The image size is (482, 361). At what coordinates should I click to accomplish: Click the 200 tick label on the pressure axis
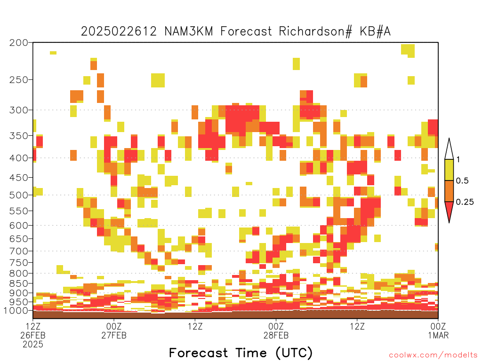click(19, 43)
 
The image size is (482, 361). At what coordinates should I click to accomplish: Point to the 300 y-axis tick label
click(19, 110)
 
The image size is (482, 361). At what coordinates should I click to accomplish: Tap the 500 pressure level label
click(19, 195)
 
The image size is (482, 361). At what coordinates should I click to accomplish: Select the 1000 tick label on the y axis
click(16, 311)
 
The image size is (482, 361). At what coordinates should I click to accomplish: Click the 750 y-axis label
click(19, 263)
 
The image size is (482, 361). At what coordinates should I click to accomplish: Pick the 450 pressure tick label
click(19, 178)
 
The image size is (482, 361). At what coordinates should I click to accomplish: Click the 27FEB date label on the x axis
click(114, 335)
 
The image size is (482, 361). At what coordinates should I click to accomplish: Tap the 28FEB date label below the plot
click(276, 335)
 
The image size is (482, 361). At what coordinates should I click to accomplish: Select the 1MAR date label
click(438, 335)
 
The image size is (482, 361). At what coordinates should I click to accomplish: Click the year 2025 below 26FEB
click(33, 345)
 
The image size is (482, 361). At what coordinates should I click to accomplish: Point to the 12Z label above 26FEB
click(33, 326)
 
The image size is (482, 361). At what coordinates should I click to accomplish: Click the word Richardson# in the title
click(315, 31)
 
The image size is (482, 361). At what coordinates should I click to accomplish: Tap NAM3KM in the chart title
click(189, 31)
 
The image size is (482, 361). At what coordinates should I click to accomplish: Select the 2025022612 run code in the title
click(119, 31)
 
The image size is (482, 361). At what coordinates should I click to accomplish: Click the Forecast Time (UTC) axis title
click(241, 353)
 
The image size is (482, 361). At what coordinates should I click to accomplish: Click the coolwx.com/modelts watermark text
click(433, 355)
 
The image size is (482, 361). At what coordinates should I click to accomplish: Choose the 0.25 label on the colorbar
click(465, 202)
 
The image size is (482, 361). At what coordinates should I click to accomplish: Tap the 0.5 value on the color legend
click(462, 180)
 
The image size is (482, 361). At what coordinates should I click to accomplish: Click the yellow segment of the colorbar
click(449, 170)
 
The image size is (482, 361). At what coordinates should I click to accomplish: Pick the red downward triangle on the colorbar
click(449, 209)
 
